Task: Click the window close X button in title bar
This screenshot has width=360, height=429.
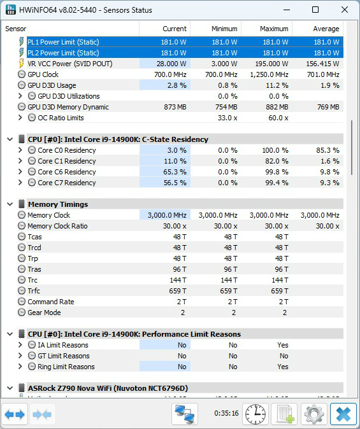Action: click(x=344, y=10)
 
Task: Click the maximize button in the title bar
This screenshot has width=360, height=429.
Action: click(x=315, y=10)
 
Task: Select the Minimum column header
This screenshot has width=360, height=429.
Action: click(x=224, y=29)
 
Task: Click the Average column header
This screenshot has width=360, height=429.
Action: click(x=326, y=29)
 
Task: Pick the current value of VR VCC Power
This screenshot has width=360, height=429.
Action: click(x=171, y=64)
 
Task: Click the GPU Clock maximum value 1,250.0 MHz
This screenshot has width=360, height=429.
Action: click(x=269, y=74)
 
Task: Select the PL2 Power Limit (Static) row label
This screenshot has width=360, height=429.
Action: click(x=63, y=53)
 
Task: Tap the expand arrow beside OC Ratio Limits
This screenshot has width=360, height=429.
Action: click(x=20, y=118)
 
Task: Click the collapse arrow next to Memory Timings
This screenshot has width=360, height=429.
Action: click(x=10, y=204)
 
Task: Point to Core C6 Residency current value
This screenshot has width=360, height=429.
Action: click(x=175, y=172)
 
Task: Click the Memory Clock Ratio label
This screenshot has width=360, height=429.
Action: click(x=57, y=226)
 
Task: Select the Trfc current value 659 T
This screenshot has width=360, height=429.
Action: click(x=178, y=291)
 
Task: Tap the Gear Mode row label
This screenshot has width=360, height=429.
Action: click(x=44, y=313)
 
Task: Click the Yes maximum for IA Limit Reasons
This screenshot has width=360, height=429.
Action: click(x=283, y=345)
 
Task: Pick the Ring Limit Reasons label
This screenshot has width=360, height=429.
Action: click(x=66, y=367)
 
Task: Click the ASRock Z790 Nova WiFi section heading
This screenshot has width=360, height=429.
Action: click(x=108, y=388)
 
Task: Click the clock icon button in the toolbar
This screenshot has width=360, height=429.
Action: click(x=256, y=414)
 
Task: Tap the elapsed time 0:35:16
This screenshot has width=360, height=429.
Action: click(x=226, y=413)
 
